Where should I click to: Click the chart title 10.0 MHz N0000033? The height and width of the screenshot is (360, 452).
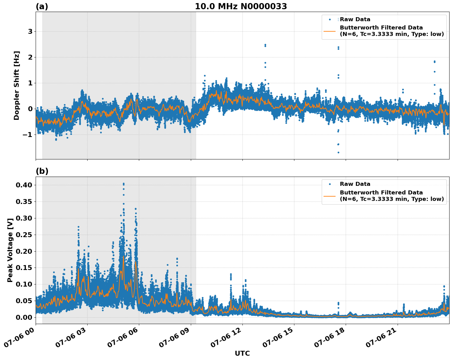click(x=241, y=6)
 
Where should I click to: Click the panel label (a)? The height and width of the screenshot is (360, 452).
click(x=42, y=6)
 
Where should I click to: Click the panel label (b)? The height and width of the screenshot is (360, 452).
click(x=42, y=171)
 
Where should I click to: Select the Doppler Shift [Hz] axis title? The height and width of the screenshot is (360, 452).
click(x=17, y=85)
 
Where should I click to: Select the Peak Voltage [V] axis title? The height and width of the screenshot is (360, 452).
click(x=10, y=250)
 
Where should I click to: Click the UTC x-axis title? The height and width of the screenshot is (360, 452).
click(x=242, y=353)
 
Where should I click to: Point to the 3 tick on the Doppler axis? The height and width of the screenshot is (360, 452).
click(x=30, y=32)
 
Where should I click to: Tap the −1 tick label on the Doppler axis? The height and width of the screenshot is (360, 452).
click(x=28, y=135)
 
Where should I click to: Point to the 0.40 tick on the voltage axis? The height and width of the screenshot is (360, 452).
click(x=24, y=185)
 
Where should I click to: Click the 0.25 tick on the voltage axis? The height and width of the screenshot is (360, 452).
click(x=24, y=235)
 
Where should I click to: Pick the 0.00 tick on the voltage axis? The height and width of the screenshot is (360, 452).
click(x=24, y=317)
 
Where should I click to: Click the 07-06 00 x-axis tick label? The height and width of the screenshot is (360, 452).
click(x=19, y=339)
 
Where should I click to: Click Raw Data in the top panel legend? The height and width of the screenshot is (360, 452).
click(x=355, y=19)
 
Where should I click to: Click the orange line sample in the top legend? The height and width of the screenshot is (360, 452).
click(x=330, y=31)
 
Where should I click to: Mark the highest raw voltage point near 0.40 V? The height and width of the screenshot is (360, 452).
click(x=124, y=184)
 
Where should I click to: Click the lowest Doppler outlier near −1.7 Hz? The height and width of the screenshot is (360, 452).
click(x=338, y=152)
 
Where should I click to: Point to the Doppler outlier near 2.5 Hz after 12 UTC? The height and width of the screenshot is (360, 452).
click(x=265, y=45)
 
